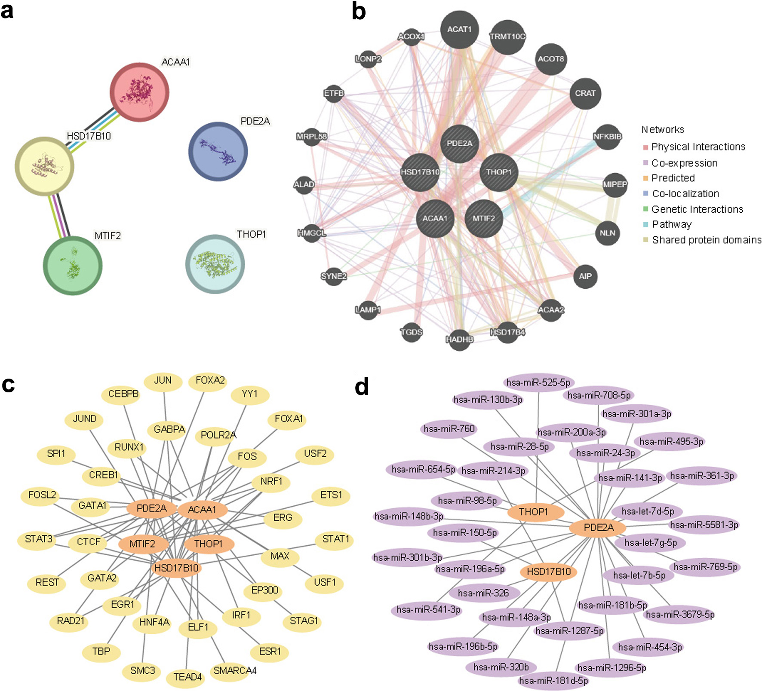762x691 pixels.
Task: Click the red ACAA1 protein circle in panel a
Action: (139, 92)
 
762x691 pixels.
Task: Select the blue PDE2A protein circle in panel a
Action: (218, 151)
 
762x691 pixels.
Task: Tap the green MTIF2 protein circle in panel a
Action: (73, 266)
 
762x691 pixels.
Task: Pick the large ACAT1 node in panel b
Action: (460, 30)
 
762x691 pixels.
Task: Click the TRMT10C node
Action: (508, 37)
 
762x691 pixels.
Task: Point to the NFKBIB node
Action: (607, 137)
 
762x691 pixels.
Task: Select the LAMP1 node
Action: (368, 309)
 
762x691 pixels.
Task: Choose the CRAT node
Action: (585, 93)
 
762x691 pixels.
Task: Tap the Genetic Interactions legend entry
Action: (693, 209)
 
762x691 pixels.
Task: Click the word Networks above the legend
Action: (663, 129)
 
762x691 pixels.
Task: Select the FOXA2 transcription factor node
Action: (209, 381)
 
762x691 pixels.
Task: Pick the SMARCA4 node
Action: (234, 671)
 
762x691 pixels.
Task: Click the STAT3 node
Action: (38, 539)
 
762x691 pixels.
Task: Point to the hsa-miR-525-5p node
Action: (538, 382)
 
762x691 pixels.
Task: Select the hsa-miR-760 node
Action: (449, 429)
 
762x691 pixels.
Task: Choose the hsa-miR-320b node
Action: (501, 667)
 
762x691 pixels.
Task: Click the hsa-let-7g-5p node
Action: (650, 543)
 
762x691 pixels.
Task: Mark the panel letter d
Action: (362, 386)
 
